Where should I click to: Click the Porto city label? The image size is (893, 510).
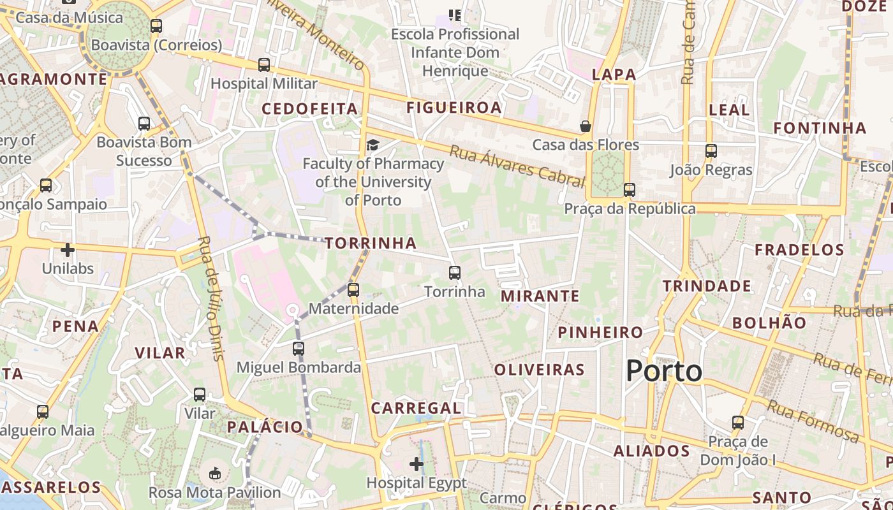(x=663, y=371)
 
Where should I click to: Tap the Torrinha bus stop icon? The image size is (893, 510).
(x=455, y=273)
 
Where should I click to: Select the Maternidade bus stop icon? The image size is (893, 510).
(x=353, y=290)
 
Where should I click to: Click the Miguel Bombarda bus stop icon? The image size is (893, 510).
(x=299, y=349)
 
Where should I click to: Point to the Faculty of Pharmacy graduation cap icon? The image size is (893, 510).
(x=373, y=145)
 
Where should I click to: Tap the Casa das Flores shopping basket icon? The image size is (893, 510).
(x=586, y=126)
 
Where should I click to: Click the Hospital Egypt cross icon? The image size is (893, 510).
(x=417, y=464)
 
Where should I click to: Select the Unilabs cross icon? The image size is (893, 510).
(x=68, y=250)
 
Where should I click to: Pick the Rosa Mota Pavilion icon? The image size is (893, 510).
(x=215, y=474)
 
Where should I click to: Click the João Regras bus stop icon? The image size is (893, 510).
(x=711, y=151)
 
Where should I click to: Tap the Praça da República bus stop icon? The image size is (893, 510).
(x=630, y=189)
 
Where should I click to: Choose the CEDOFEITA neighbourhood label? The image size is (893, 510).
(x=310, y=109)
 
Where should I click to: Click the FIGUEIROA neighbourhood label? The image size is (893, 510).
(x=454, y=108)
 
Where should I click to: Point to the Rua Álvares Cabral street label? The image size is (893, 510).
(x=517, y=165)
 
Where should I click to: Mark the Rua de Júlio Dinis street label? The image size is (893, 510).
(x=210, y=298)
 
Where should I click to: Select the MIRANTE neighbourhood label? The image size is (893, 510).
(x=540, y=296)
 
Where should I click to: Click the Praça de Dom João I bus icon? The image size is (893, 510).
(x=738, y=423)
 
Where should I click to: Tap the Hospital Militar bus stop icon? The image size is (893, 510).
(x=264, y=65)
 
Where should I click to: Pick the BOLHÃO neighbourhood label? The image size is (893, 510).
(x=769, y=323)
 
